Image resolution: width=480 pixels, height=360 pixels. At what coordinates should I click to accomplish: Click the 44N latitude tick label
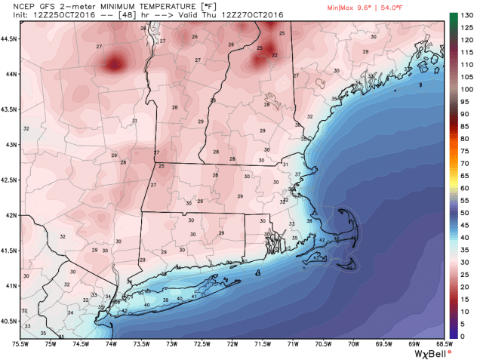coord(11,74)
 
